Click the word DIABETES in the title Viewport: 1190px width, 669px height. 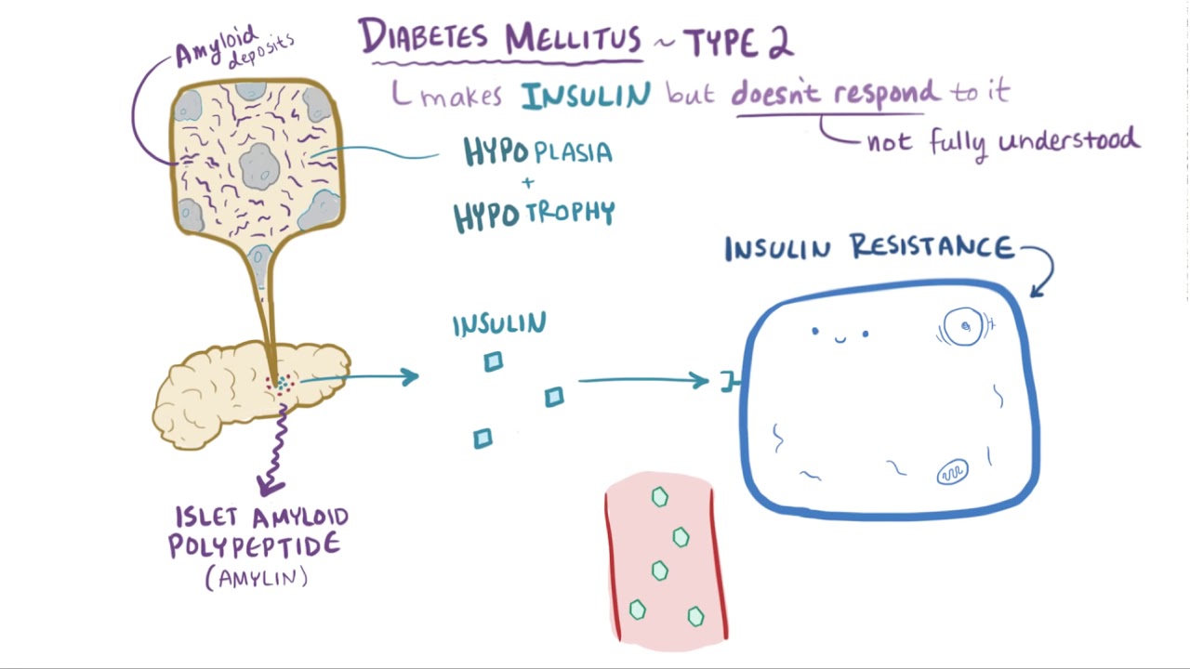(424, 38)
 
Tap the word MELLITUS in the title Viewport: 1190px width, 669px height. (573, 39)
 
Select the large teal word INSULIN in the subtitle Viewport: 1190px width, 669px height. (586, 95)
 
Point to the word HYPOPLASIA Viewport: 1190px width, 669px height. (538, 151)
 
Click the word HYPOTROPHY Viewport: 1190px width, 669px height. (535, 215)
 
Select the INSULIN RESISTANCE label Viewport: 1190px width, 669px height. (868, 248)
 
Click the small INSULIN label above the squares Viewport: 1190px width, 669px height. (499, 324)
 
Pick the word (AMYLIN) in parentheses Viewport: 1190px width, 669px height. (257, 578)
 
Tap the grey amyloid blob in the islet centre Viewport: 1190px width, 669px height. (259, 167)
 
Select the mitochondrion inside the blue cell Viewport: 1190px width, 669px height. (952, 473)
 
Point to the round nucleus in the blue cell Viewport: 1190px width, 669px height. (965, 327)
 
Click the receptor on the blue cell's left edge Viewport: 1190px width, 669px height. (731, 381)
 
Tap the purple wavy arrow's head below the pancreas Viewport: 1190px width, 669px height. (270, 484)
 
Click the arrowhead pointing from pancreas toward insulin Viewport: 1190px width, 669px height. (410, 376)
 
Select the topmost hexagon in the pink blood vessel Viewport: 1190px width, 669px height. (659, 498)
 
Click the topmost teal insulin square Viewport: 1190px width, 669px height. (494, 362)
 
